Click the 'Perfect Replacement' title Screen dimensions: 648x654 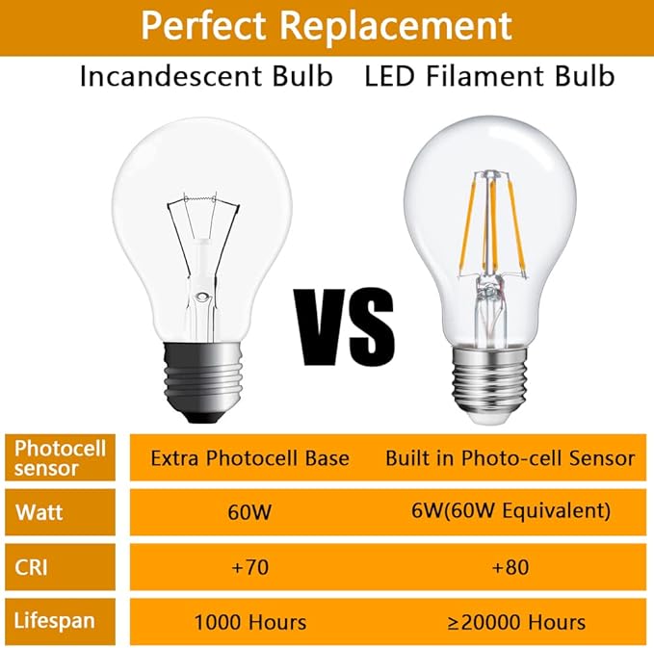[x=327, y=25]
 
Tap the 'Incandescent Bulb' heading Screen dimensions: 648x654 [x=206, y=77]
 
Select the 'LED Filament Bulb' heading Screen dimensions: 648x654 [x=489, y=77]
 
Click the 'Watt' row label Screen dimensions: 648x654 [x=39, y=511]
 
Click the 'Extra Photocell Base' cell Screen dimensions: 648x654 [x=249, y=457]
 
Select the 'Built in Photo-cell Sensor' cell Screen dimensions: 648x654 [x=510, y=457]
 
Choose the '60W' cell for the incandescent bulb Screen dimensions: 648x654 [x=250, y=510]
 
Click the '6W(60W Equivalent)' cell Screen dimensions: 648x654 [x=510, y=510]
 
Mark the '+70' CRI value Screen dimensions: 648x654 [x=250, y=566]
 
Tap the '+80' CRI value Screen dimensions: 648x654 [x=510, y=566]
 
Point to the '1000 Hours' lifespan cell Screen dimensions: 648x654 [x=250, y=621]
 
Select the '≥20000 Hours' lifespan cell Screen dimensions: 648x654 [x=510, y=621]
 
